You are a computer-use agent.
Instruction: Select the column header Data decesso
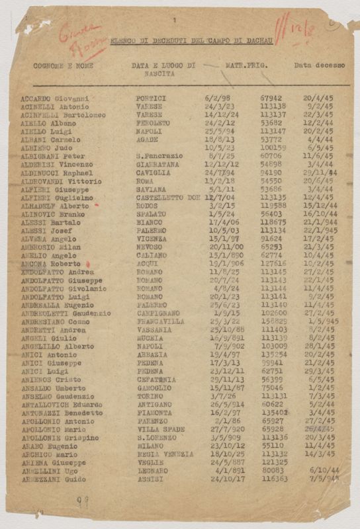[317, 66]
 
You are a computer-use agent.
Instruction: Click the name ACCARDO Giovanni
[54, 99]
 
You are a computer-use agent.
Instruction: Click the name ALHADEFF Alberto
[55, 206]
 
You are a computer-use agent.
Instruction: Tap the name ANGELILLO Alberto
[58, 346]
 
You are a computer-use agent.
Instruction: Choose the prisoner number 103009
[273, 346]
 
